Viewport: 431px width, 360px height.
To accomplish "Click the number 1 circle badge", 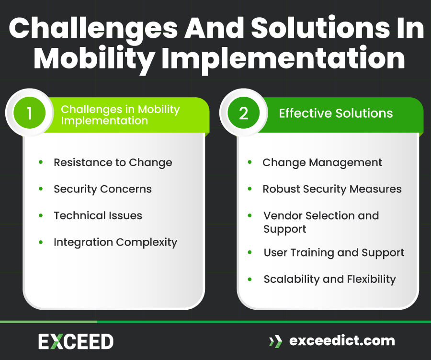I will click(29, 113).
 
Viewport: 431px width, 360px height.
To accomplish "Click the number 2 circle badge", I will click(243, 113).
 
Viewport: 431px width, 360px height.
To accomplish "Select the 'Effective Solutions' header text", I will click(336, 113).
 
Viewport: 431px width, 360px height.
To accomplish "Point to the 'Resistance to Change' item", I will click(113, 162).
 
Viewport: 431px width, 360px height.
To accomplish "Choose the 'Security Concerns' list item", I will click(102, 189).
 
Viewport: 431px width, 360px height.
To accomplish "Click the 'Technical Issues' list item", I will click(98, 215).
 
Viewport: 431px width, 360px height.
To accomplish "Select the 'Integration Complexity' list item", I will click(115, 242).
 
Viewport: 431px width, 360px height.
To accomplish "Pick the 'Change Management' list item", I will click(322, 162).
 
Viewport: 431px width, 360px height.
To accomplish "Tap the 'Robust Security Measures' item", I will click(332, 189).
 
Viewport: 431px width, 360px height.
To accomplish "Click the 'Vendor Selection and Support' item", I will click(321, 222).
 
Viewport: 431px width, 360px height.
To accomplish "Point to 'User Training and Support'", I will click(334, 253).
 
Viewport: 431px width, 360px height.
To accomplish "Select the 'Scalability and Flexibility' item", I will click(329, 279).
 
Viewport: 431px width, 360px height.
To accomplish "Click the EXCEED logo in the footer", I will click(76, 341).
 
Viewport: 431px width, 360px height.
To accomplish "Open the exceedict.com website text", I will click(342, 341).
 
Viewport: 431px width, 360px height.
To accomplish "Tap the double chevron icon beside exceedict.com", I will click(275, 341).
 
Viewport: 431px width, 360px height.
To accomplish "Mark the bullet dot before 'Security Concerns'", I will click(41, 189).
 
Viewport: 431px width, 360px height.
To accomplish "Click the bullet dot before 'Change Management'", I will click(250, 162).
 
